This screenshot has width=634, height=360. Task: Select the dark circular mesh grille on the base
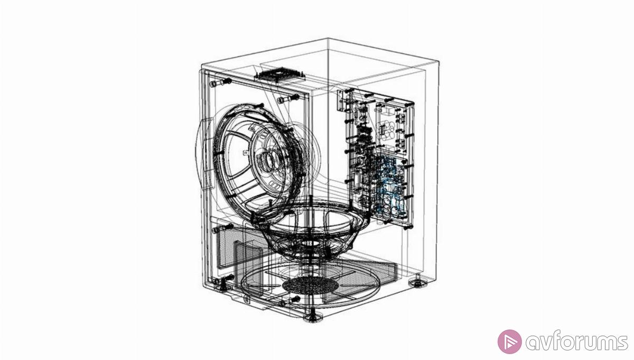310,284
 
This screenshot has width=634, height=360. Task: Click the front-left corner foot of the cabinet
222,286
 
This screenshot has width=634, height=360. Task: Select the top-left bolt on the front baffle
220,82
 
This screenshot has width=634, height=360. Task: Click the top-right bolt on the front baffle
288,99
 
